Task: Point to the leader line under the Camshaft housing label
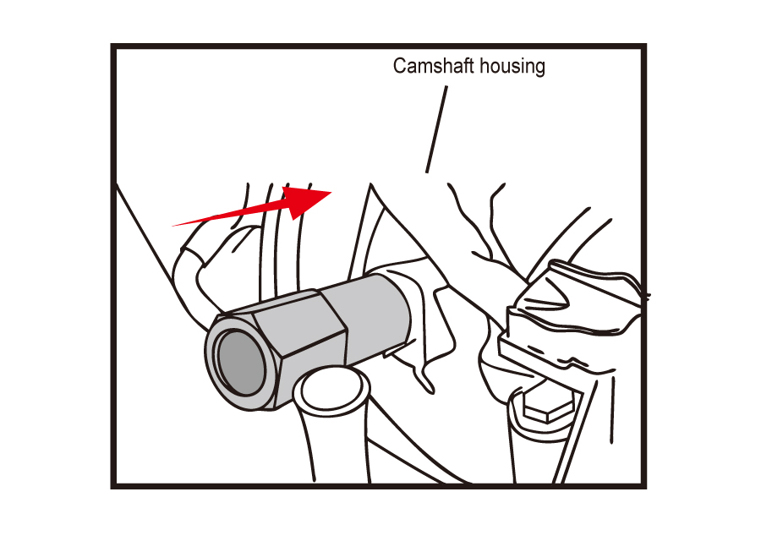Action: pyautogui.click(x=437, y=129)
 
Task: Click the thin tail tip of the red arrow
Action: pyautogui.click(x=172, y=226)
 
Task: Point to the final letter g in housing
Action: pyautogui.click(x=539, y=68)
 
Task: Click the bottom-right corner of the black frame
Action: pyautogui.click(x=644, y=486)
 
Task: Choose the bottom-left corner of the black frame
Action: pyautogui.click(x=113, y=486)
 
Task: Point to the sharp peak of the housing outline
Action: pyautogui.click(x=371, y=184)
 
